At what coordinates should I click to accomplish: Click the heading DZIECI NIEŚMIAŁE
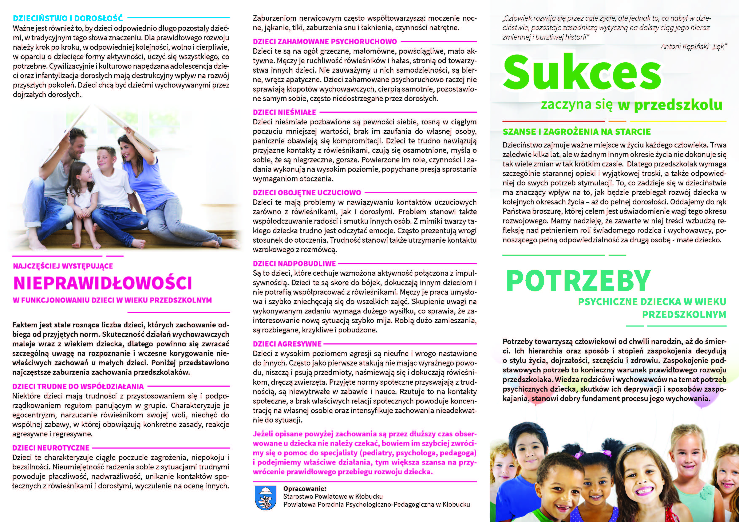tap(284, 113)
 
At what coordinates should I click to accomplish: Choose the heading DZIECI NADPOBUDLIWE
tap(294, 264)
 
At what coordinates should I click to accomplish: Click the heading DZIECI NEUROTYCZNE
tap(51, 448)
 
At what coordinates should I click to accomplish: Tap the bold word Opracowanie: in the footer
tap(304, 489)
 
